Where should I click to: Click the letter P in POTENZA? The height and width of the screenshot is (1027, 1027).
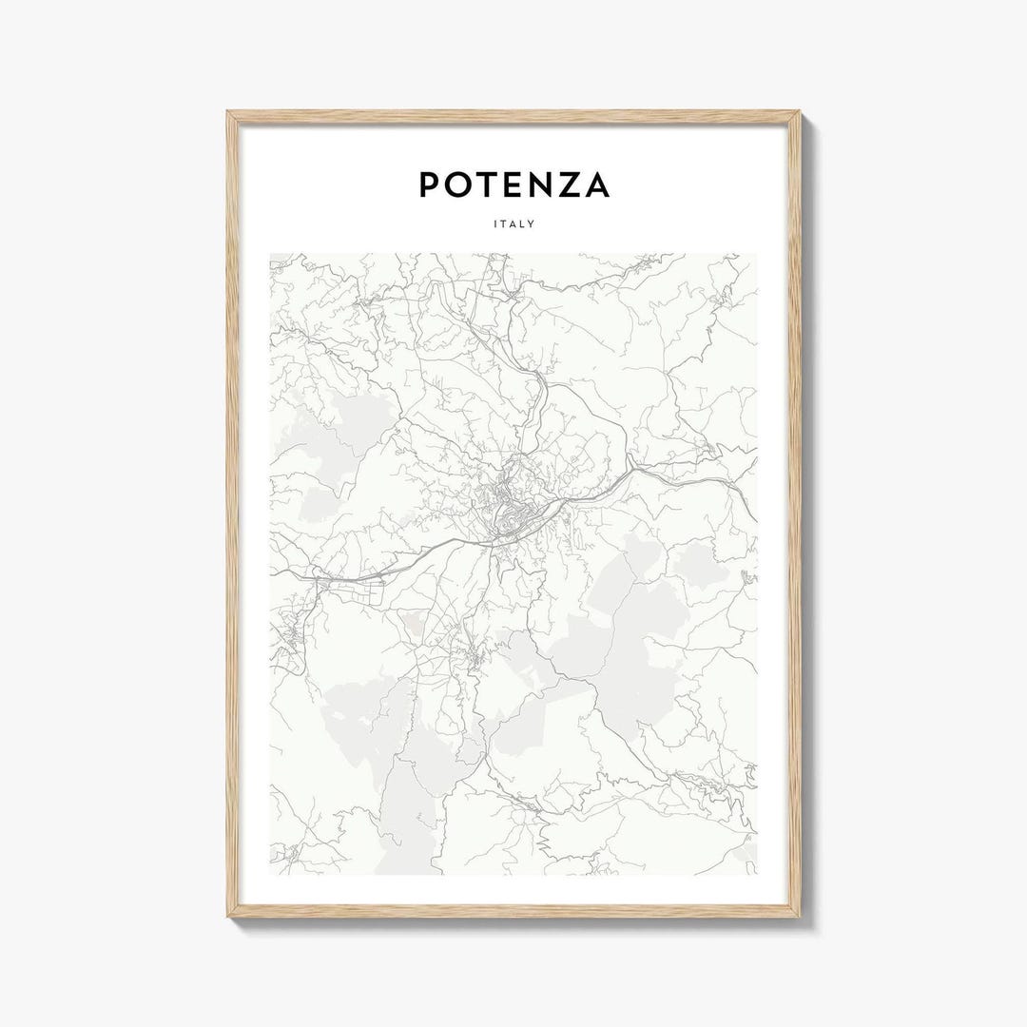pyautogui.click(x=430, y=184)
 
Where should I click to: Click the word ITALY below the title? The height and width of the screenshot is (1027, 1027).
pyautogui.click(x=513, y=224)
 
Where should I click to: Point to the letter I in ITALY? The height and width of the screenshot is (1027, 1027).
pyautogui.click(x=495, y=224)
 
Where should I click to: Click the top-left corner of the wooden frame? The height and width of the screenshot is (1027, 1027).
pyautogui.click(x=228, y=112)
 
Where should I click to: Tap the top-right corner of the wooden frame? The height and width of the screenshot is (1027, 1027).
pyautogui.click(x=800, y=112)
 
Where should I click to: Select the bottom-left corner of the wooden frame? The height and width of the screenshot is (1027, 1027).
pyautogui.click(x=228, y=916)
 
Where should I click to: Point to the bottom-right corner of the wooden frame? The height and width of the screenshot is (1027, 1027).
pyautogui.click(x=800, y=916)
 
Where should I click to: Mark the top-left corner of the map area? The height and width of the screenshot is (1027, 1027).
pyautogui.click(x=270, y=254)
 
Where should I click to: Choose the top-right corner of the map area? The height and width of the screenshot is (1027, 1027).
pyautogui.click(x=758, y=254)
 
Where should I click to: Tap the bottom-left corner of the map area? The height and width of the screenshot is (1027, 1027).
pyautogui.click(x=270, y=874)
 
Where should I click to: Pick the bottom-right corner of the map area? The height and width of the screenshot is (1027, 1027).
pyautogui.click(x=758, y=874)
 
